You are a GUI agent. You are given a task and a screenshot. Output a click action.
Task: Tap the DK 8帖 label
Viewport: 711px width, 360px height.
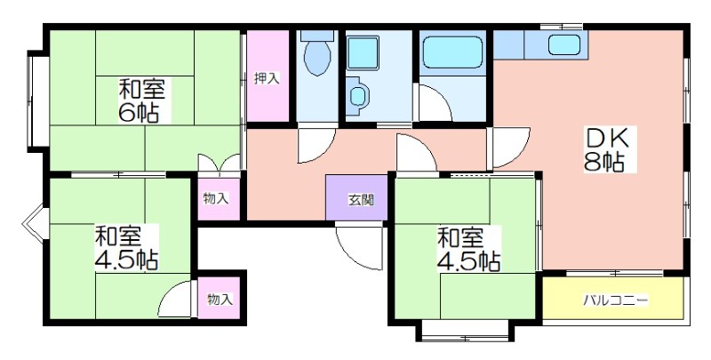[x=607, y=148]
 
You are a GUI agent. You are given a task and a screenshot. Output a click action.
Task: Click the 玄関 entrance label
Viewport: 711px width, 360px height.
[x=361, y=199]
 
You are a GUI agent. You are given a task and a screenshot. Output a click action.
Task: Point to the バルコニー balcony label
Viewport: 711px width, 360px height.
[x=616, y=300]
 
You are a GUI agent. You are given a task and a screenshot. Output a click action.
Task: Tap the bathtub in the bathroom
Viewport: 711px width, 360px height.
[x=451, y=52]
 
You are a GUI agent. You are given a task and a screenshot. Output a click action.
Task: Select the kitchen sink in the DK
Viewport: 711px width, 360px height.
[x=564, y=44]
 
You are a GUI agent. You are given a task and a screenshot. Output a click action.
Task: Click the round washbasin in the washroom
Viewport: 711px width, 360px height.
[x=358, y=95]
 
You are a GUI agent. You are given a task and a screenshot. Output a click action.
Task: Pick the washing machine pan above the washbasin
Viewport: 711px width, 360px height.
[x=363, y=53]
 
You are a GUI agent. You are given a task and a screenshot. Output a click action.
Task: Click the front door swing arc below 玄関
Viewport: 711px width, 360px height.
[x=359, y=247]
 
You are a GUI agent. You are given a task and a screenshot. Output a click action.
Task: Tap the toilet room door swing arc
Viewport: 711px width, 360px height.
[x=317, y=146]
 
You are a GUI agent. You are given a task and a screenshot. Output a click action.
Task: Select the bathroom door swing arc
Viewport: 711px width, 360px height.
[x=435, y=102]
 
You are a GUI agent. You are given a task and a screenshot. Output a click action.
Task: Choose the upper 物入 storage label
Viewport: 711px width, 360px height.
[x=216, y=198]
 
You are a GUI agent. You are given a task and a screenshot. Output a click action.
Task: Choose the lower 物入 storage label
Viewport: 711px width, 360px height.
[x=220, y=300]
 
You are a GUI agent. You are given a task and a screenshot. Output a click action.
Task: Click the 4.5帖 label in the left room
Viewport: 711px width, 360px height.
[x=126, y=260]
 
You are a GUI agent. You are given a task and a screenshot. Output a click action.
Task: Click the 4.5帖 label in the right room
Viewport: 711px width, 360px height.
[x=469, y=261]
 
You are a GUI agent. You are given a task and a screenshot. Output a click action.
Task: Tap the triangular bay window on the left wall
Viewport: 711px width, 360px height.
[x=35, y=223]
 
